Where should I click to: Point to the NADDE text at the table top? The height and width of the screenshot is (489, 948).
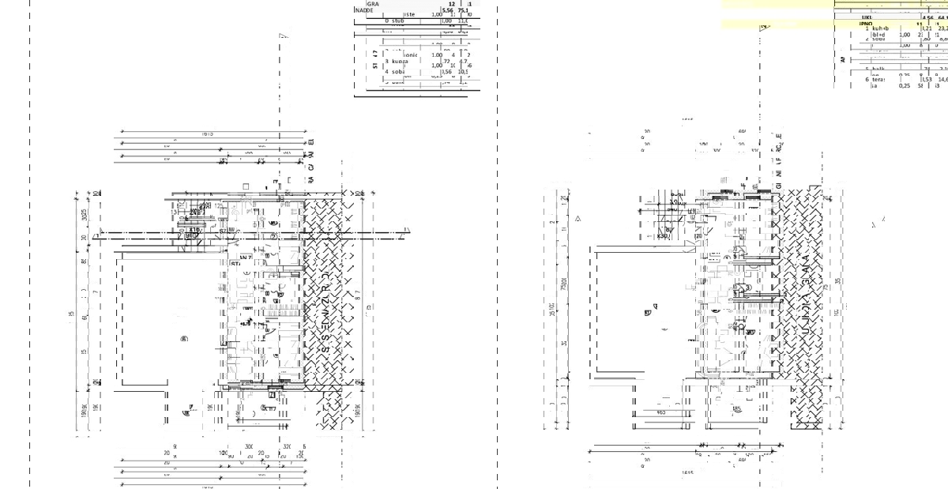(365, 11)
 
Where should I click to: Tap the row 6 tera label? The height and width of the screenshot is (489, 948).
(877, 79)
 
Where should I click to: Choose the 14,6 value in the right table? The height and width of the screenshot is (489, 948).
(941, 79)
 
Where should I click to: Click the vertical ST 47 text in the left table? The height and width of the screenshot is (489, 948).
(376, 60)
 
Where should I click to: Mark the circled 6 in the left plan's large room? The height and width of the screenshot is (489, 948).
(184, 340)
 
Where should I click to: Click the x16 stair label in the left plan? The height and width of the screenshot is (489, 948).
(194, 208)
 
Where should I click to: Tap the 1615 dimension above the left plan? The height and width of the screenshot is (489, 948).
(208, 134)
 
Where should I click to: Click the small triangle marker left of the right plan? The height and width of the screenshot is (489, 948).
(578, 218)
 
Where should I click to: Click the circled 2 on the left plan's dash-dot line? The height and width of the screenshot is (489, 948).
(274, 235)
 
